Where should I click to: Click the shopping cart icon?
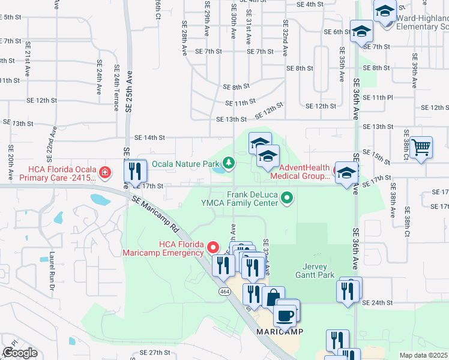tap(421, 146)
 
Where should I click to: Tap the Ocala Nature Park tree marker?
tap(228, 162)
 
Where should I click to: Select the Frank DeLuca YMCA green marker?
tap(288, 197)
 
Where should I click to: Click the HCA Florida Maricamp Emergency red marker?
tap(212, 247)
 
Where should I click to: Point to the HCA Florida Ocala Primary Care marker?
tap(105, 173)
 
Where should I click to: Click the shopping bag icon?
tap(273, 297)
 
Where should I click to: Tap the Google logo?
tap(20, 353)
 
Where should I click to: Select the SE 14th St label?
tap(149, 137)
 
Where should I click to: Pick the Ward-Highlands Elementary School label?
tap(422, 22)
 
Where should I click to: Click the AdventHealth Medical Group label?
tap(300, 171)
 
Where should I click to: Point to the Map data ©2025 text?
tap(423, 355)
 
